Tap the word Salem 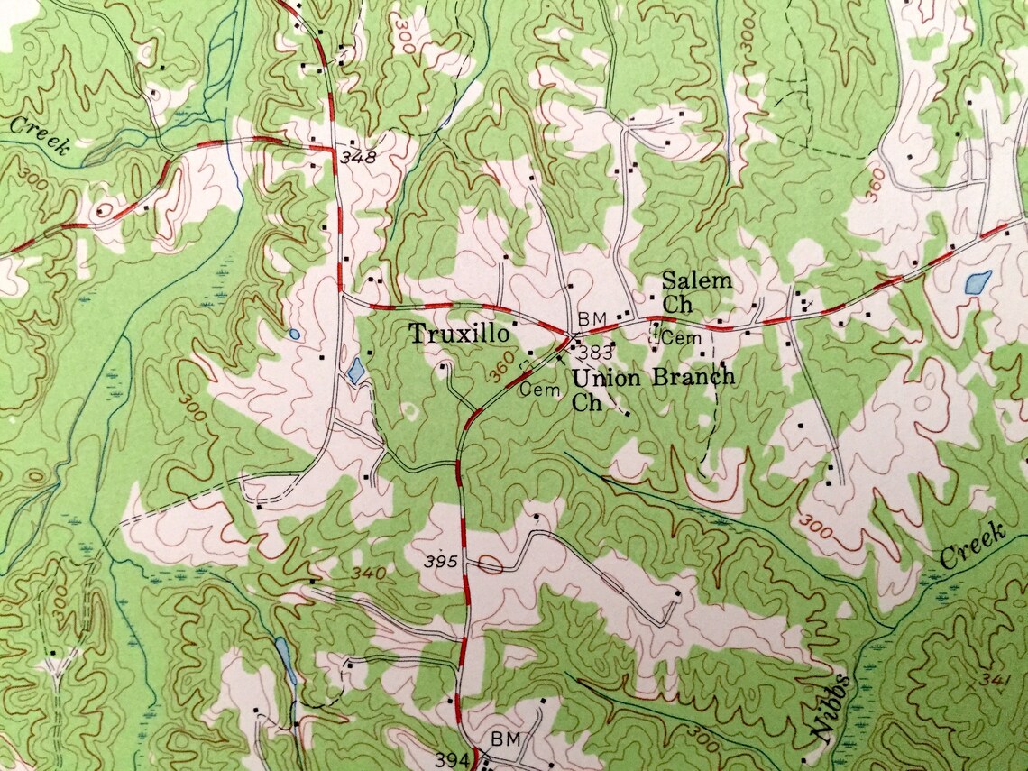coord(696,280)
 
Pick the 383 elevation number coord(596,351)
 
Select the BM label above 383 coord(591,319)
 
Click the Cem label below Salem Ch coord(682,338)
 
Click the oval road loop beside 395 coord(490,565)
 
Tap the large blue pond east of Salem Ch coord(978,282)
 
